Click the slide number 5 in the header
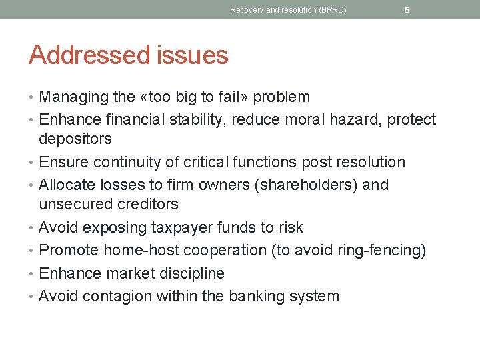[407, 10]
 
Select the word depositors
[75, 139]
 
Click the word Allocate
[65, 185]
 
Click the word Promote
[69, 250]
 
